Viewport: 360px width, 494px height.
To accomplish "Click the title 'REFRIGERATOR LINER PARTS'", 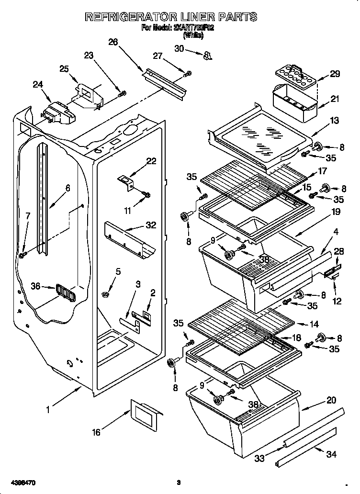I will [171, 17].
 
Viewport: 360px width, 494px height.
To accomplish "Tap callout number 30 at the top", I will [179, 48].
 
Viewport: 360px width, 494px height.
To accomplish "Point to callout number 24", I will [38, 85].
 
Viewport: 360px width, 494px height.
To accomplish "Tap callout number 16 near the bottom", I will [96, 432].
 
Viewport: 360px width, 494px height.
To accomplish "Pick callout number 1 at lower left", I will [48, 410].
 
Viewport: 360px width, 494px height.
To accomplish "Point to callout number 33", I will [259, 458].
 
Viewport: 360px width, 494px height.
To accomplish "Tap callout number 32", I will [150, 225].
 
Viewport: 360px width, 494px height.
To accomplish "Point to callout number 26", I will [113, 42].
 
